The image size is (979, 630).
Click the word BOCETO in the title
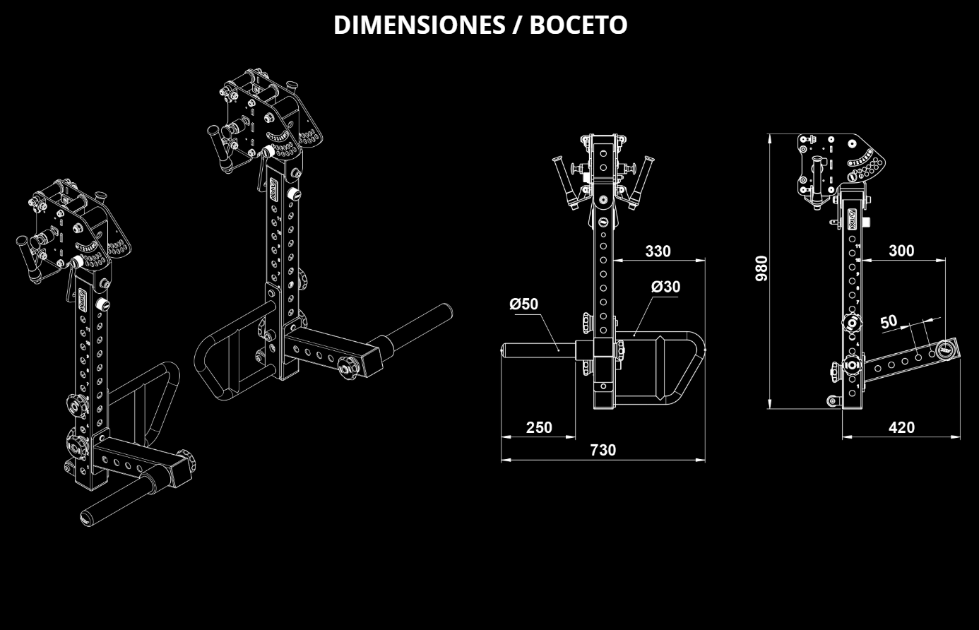click(578, 25)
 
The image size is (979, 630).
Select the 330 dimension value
click(658, 251)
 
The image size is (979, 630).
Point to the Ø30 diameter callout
click(665, 287)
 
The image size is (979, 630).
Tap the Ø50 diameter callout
click(523, 304)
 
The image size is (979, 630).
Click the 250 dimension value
click(539, 427)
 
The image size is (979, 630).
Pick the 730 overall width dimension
click(603, 450)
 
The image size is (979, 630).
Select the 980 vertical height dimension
click(761, 268)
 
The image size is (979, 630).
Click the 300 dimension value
click(901, 251)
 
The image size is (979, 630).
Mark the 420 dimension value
click(901, 427)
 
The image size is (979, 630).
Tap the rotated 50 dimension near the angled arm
click(889, 321)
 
